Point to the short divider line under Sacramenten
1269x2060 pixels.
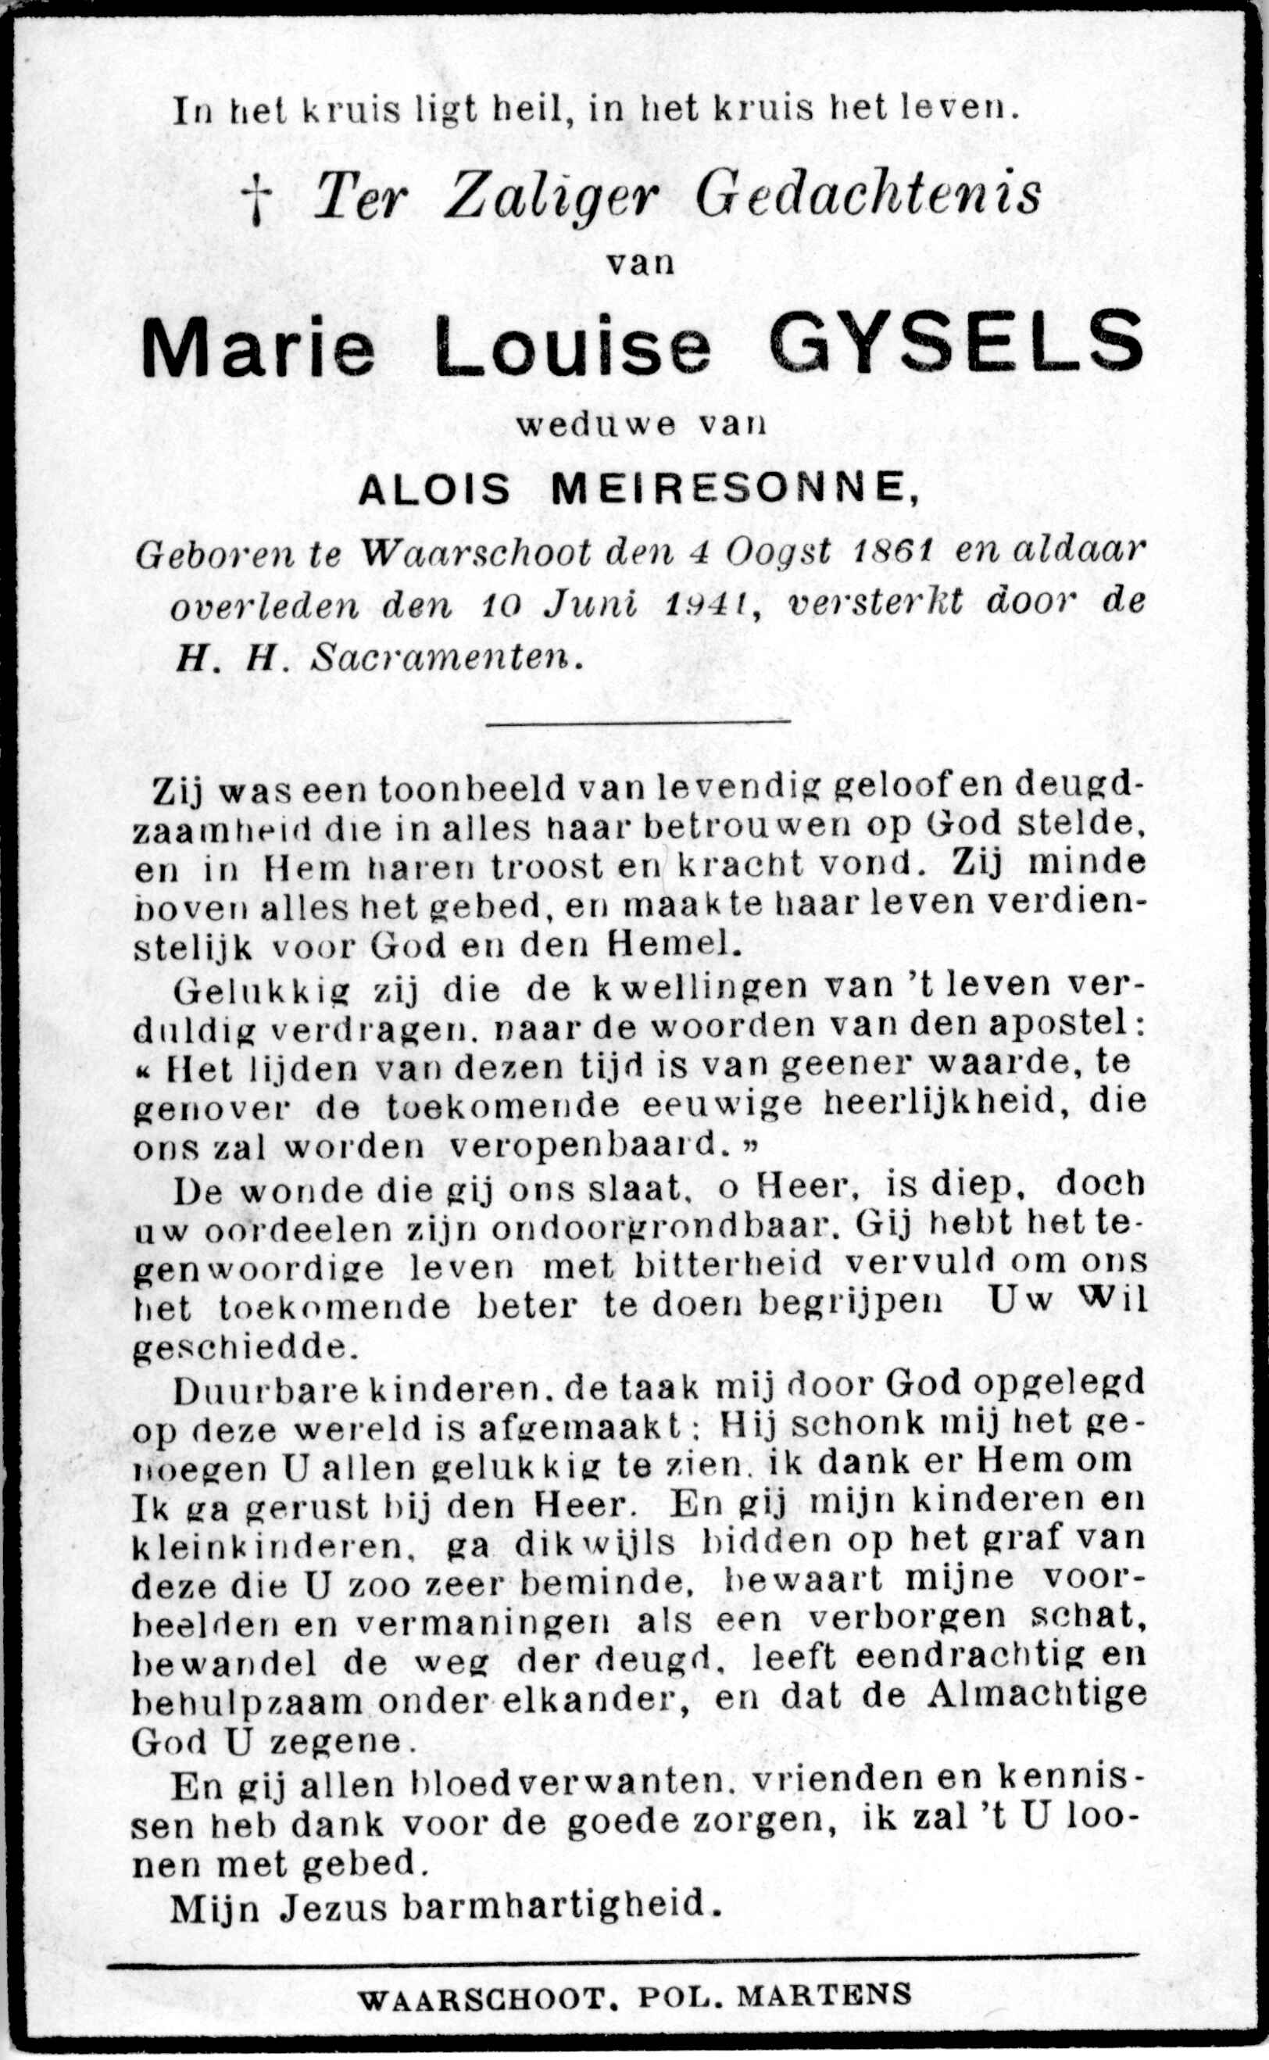[x=638, y=720]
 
